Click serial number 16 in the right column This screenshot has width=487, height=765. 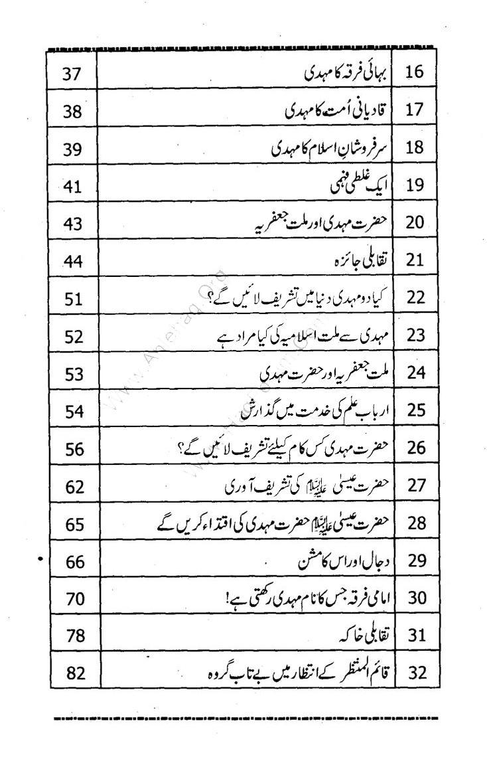[414, 71]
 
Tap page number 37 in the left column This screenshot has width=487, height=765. [73, 72]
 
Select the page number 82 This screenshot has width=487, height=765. [73, 673]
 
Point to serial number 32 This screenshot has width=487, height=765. [414, 673]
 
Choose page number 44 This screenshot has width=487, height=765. [73, 260]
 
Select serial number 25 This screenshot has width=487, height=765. [414, 410]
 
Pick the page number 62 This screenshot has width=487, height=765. [73, 485]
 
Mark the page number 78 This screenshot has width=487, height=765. [73, 636]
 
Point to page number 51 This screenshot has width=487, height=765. [73, 297]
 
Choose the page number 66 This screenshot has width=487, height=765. [73, 561]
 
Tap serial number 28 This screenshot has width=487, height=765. [414, 523]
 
